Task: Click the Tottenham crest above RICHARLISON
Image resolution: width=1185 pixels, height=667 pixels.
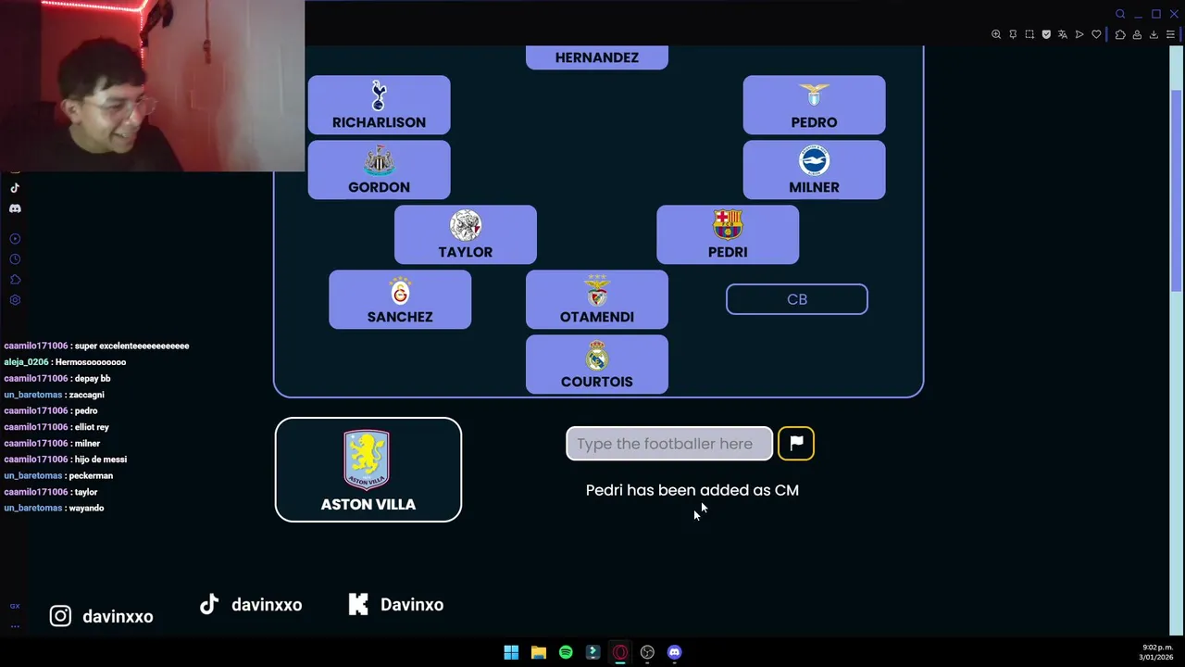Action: [x=379, y=95]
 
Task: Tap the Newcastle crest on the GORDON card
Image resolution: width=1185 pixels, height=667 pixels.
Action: [x=379, y=160]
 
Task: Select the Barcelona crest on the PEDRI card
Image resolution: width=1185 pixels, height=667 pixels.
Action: [x=728, y=225]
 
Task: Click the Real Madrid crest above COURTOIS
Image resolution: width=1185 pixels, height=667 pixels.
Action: [x=597, y=355]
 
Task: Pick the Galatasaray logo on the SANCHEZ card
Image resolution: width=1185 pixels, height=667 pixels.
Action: [x=400, y=290]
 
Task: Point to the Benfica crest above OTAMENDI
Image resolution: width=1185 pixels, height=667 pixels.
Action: [x=597, y=290]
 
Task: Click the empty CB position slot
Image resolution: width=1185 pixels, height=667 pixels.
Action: [x=797, y=299]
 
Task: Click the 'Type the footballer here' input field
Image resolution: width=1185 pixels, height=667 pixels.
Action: [x=669, y=444]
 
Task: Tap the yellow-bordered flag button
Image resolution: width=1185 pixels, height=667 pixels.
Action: [x=796, y=444]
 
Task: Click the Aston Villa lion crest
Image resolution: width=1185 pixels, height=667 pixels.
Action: [x=367, y=459]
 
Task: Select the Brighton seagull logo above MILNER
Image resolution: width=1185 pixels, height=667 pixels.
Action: [x=814, y=160]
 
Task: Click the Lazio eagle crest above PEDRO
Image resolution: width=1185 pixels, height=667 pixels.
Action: [x=814, y=94]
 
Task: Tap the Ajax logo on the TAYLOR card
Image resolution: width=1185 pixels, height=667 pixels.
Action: [x=466, y=225]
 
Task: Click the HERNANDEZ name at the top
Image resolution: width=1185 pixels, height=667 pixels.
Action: [x=597, y=57]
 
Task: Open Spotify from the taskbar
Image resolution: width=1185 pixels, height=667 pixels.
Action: [x=566, y=652]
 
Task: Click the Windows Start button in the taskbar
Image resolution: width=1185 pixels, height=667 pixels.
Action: [x=511, y=652]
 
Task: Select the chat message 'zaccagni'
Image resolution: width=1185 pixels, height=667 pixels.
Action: [x=86, y=395]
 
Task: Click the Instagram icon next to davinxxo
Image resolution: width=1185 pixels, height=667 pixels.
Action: [x=60, y=616]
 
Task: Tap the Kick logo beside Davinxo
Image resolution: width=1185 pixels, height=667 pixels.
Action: [x=358, y=604]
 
